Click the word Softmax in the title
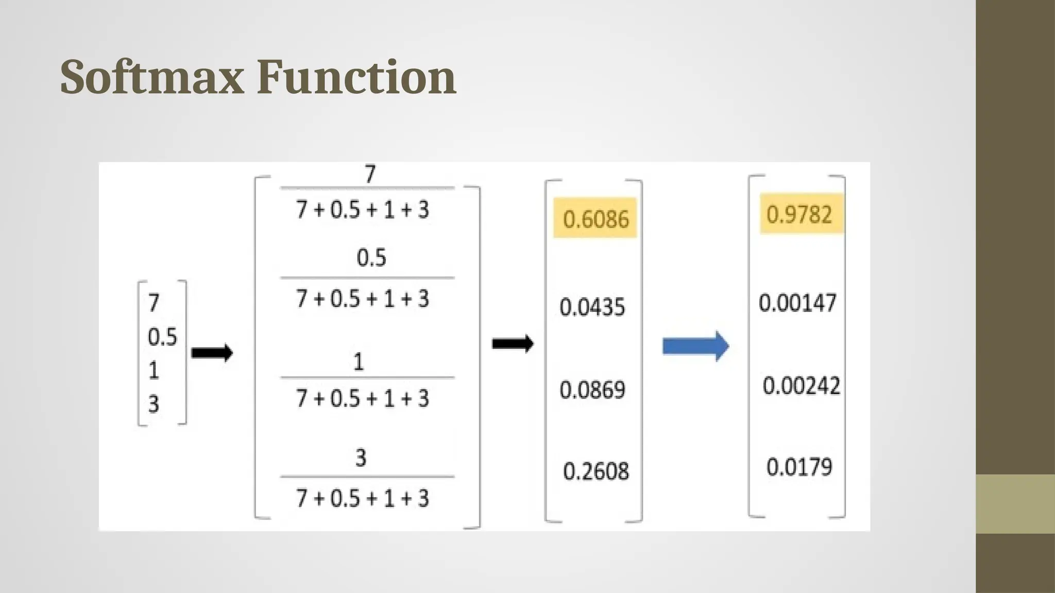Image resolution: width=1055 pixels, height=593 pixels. [152, 77]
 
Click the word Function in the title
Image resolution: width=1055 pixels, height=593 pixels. [356, 77]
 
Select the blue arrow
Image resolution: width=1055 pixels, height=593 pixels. [695, 346]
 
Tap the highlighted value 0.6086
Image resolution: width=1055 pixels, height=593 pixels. [595, 218]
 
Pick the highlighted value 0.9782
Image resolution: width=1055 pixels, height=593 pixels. [799, 214]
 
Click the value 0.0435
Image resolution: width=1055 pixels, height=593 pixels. [592, 307]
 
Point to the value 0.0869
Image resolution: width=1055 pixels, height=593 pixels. [592, 390]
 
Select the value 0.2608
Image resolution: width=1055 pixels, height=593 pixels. [596, 471]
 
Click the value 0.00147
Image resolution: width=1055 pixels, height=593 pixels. [797, 302]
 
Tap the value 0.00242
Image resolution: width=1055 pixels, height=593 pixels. [801, 386]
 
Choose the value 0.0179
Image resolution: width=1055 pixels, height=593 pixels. [799, 467]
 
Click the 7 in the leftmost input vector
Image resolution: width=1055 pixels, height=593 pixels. [154, 303]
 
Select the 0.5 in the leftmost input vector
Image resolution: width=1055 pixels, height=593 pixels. [162, 337]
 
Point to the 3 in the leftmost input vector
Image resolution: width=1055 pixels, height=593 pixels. [154, 404]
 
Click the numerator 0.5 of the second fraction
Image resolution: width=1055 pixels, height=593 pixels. [371, 257]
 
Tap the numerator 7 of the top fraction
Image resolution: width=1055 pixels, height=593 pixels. [370, 175]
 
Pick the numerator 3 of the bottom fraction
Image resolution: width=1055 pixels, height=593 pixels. [361, 458]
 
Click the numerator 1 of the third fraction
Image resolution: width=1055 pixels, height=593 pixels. [359, 362]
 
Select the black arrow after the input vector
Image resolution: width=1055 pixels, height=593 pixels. [212, 353]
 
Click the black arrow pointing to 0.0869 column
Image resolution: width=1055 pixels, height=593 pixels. [512, 344]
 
